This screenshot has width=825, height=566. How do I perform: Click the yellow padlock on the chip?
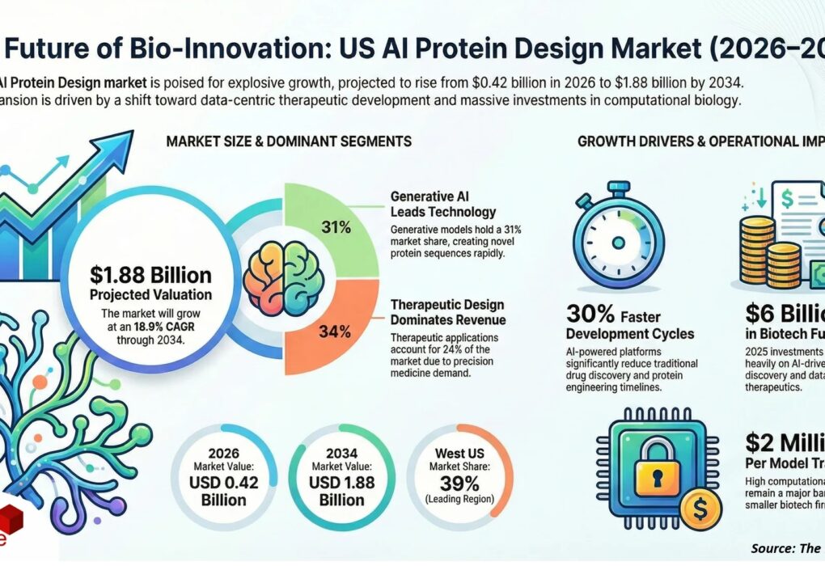point(654,467)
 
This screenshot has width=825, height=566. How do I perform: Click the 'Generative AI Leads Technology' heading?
point(442,204)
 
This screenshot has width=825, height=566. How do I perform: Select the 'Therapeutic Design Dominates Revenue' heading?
point(447,312)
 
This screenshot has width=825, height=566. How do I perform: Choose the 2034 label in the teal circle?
point(342,454)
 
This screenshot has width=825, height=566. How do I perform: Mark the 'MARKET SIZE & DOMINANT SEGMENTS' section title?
point(289,141)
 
